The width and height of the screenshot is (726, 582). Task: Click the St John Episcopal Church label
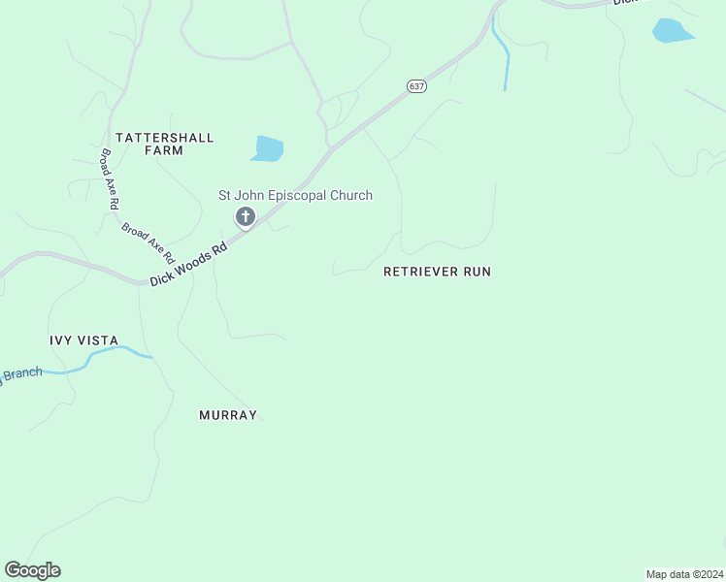tap(294, 196)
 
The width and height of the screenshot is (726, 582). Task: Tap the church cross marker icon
tap(246, 216)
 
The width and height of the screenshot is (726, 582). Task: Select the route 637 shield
tap(415, 86)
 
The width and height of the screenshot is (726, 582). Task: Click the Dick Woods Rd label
tap(188, 264)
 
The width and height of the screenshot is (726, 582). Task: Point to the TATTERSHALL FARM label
tap(164, 144)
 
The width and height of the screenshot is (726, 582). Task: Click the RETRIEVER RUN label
tap(437, 272)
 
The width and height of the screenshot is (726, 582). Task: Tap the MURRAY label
tap(228, 415)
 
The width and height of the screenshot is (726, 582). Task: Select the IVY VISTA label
tap(84, 340)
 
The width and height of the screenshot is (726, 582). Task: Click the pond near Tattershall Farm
tap(267, 148)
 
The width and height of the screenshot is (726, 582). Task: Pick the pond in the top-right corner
tap(672, 31)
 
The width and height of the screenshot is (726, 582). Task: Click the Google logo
tap(32, 570)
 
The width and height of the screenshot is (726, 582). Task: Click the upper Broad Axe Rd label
tap(109, 179)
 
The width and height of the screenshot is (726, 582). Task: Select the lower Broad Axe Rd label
tap(148, 243)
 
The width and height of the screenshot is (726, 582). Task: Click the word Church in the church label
tap(349, 196)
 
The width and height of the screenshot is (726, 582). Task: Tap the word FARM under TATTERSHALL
tap(164, 151)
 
